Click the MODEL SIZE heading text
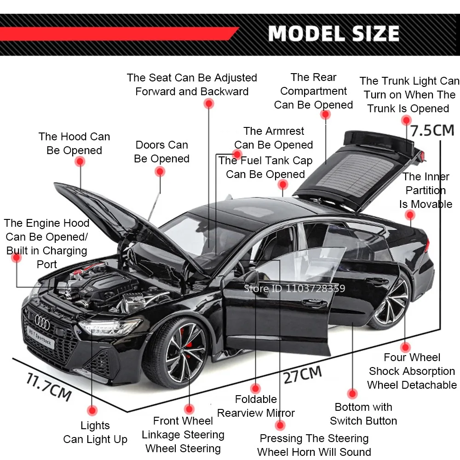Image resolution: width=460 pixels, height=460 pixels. point(333,34)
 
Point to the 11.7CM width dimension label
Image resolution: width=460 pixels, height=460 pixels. point(48,387)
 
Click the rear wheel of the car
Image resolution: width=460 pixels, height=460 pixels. point(391,301)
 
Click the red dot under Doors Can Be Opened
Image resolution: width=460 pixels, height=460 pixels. point(160,172)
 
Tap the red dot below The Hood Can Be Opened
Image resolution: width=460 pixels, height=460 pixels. point(80,161)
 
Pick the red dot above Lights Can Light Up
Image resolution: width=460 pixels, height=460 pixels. point(92,410)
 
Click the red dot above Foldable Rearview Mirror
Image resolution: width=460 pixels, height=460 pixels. point(255,388)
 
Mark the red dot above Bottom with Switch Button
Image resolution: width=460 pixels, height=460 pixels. point(352,394)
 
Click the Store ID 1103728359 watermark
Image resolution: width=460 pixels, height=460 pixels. point(294,289)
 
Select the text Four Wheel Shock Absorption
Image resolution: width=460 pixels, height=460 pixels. point(412,364)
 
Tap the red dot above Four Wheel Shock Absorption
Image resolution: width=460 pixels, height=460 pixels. point(405,347)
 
